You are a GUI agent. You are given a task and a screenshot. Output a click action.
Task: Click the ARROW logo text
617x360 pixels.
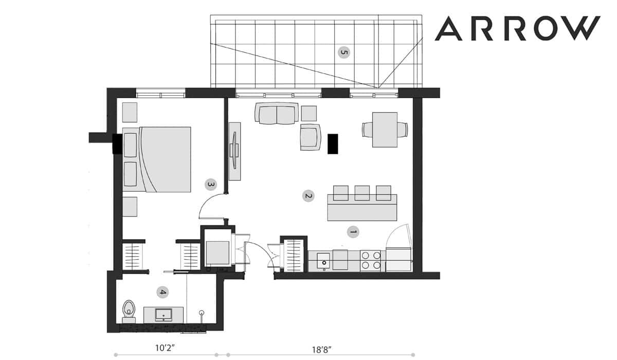(517, 28)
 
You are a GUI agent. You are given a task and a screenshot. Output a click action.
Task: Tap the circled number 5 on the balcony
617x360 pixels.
(344, 52)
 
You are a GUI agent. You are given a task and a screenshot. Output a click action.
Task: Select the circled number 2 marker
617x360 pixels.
(308, 196)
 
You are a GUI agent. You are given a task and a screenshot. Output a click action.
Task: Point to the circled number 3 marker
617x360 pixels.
(211, 185)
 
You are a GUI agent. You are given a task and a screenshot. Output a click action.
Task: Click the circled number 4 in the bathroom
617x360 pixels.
(163, 292)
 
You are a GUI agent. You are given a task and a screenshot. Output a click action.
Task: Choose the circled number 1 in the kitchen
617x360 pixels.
(353, 232)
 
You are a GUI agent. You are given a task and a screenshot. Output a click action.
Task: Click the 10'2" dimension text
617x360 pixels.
(165, 348)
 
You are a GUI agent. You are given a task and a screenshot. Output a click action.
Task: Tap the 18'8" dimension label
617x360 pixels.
(321, 350)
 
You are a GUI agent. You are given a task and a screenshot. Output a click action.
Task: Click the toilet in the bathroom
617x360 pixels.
(129, 312)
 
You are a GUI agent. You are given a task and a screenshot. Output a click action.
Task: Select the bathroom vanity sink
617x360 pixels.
(164, 315)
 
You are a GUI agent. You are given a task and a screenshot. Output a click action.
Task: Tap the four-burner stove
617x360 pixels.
(371, 261)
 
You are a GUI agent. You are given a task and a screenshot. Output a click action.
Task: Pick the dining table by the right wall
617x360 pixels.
(385, 130)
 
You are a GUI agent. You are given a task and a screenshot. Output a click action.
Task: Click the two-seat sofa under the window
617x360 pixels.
(277, 113)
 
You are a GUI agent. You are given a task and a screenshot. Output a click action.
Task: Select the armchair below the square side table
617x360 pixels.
(311, 137)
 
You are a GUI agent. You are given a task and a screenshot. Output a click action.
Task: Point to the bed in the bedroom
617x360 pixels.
(156, 159)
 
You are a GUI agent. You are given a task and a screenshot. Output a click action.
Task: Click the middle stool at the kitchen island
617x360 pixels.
(362, 193)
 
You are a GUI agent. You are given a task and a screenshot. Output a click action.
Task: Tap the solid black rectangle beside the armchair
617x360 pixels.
(333, 144)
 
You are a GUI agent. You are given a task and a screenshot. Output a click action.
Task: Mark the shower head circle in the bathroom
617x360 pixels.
(202, 313)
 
